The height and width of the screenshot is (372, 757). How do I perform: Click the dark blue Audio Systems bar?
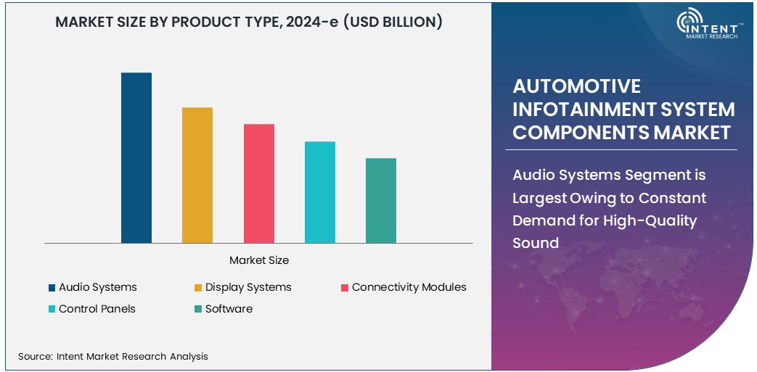(x=136, y=158)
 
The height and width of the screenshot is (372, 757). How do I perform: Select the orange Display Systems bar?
(x=197, y=175)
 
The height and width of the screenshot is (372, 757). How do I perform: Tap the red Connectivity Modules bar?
(x=259, y=183)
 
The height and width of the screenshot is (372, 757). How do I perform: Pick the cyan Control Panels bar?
(x=320, y=192)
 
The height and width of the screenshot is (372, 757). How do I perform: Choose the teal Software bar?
(x=381, y=201)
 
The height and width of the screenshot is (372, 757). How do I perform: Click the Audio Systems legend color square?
(x=52, y=288)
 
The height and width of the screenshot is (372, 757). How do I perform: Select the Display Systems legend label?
(x=248, y=287)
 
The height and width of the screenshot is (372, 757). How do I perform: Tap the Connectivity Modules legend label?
(x=409, y=287)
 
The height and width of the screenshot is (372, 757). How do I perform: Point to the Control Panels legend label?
(x=97, y=309)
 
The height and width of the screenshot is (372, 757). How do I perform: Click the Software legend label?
(x=229, y=309)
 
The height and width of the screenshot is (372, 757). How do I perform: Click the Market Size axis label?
(x=259, y=260)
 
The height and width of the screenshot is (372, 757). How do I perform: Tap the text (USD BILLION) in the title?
(x=392, y=22)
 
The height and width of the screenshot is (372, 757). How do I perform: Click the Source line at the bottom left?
(x=113, y=356)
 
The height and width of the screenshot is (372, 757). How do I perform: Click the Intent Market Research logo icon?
(x=690, y=22)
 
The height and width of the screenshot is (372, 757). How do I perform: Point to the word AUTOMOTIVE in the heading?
(x=577, y=86)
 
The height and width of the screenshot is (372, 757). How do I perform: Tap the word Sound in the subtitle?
(x=536, y=243)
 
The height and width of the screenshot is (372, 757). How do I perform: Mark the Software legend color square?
(x=198, y=310)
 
